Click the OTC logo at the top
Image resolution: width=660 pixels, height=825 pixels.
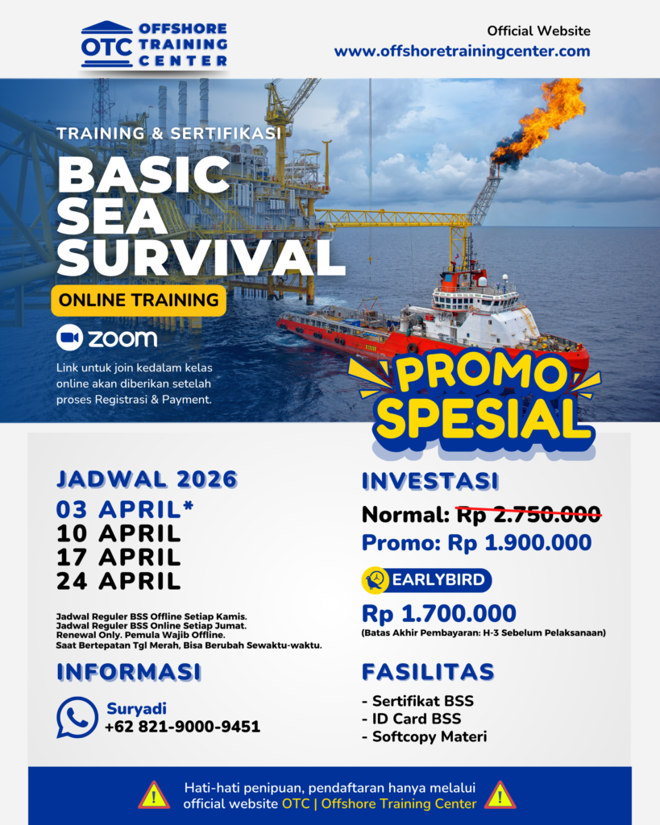154,45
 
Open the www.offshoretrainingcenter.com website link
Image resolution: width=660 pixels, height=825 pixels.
462,51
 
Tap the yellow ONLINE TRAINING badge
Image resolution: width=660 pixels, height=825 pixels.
139,301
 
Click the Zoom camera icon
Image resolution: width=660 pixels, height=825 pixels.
69,338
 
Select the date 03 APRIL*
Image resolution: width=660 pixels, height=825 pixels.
125,509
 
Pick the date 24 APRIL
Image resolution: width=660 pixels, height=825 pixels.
118,582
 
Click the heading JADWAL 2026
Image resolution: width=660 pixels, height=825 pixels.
147,479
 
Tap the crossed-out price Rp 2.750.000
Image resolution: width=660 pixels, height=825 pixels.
529,514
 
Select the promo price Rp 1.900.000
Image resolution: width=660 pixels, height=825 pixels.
520,542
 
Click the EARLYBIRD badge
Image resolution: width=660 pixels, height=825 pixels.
427,580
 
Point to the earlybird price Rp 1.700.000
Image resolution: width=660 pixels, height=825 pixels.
439,613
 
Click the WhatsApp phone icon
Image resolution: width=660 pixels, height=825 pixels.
77,717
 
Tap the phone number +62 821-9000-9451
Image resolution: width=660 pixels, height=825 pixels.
182,727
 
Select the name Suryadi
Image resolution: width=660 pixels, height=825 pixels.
136,709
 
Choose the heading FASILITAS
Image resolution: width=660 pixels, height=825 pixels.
428,672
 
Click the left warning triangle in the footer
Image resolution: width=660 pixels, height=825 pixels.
154,795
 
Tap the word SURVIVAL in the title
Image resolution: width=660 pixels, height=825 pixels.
201,257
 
